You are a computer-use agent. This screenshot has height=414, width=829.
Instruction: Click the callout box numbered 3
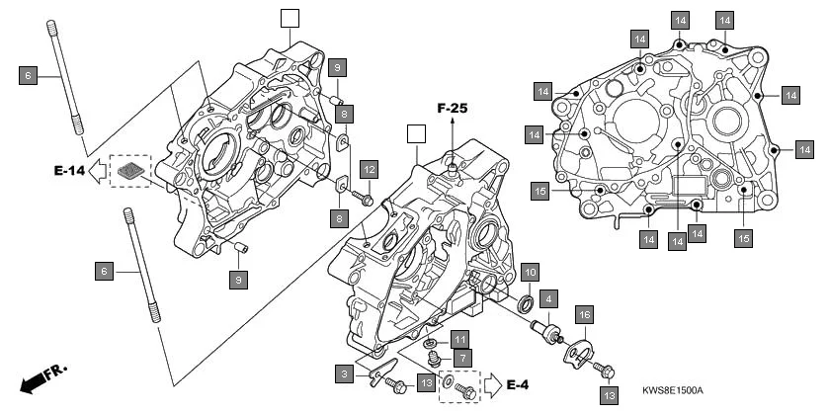[x=343, y=373]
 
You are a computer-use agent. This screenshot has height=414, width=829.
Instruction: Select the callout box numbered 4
[x=548, y=295]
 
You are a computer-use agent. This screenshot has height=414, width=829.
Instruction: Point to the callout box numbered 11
[x=461, y=339]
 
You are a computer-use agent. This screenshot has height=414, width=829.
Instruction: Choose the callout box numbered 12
[x=368, y=169]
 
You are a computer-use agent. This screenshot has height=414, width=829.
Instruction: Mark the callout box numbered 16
[x=584, y=315]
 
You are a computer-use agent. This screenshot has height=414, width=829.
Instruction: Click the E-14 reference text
[x=69, y=172]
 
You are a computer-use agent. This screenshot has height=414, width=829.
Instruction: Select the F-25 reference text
[x=453, y=107]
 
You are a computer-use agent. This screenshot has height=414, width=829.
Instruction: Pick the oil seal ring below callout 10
[x=527, y=300]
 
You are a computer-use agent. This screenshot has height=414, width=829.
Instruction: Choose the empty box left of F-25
[x=416, y=133]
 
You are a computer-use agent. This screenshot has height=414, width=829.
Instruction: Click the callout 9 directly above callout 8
[x=337, y=66]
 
